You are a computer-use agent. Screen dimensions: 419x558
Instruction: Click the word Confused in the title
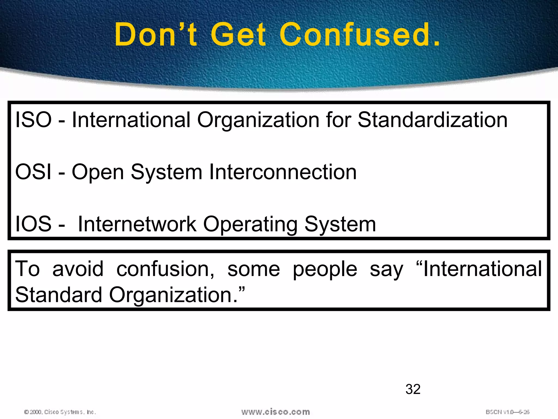coord(360,35)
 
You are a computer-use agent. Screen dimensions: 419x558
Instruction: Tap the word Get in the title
coord(239,35)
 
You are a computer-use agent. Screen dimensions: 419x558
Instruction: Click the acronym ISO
coord(33,120)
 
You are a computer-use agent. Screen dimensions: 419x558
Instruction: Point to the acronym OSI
coord(33,172)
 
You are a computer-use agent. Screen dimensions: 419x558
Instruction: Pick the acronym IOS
coord(33,224)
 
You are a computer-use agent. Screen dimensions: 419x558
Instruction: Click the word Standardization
coord(432,120)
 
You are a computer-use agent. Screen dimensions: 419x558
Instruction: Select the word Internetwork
coord(137,224)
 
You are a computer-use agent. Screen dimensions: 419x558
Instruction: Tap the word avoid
coord(78,269)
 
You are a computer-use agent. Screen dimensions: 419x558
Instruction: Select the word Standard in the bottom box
coord(59,295)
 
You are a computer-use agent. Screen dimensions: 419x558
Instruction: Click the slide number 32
coord(413,389)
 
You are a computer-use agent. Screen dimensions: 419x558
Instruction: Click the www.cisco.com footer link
coord(275,412)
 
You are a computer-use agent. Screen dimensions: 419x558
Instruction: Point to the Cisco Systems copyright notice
coord(60,412)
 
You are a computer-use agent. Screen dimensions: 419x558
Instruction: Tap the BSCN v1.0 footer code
coord(507,412)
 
